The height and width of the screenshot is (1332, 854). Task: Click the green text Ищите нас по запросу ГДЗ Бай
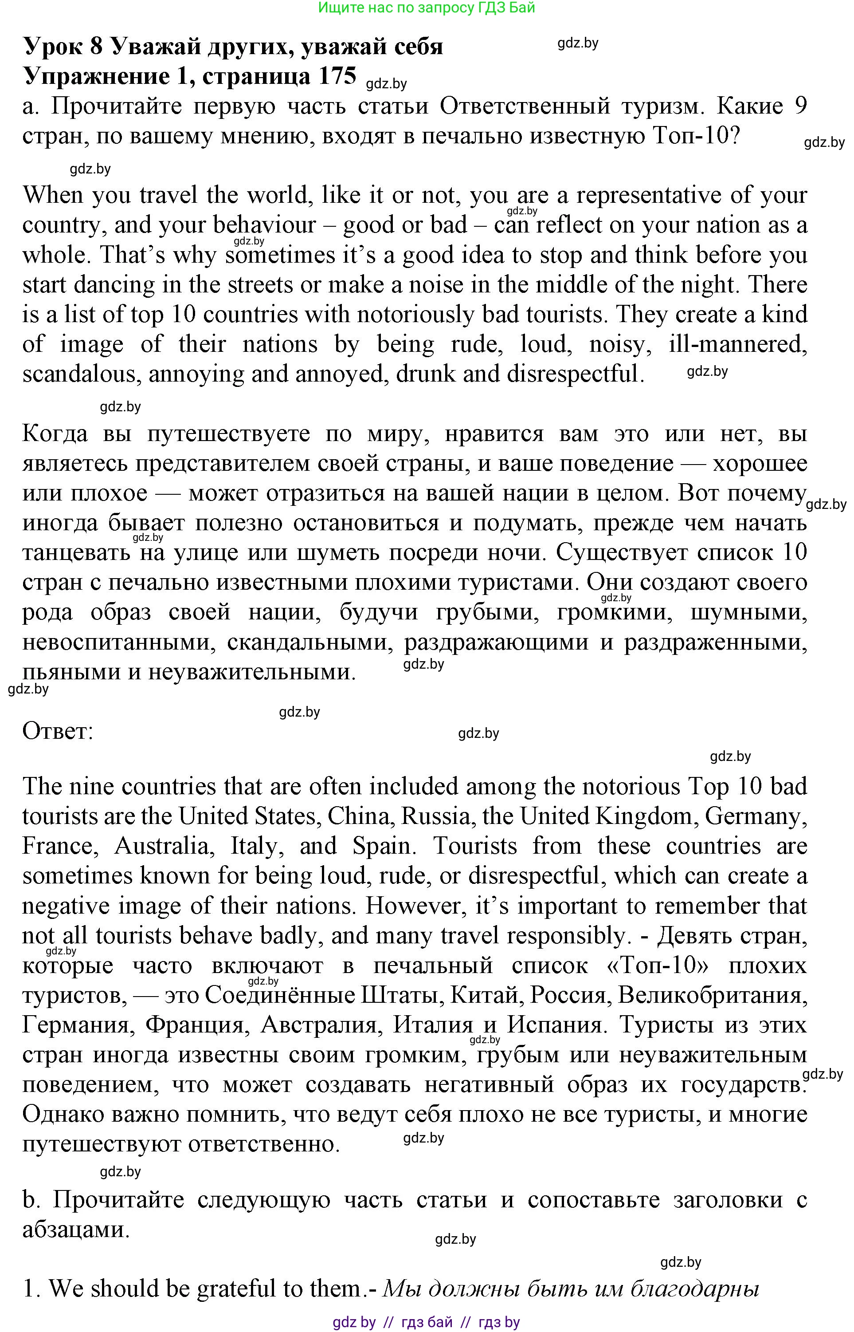(x=427, y=8)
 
